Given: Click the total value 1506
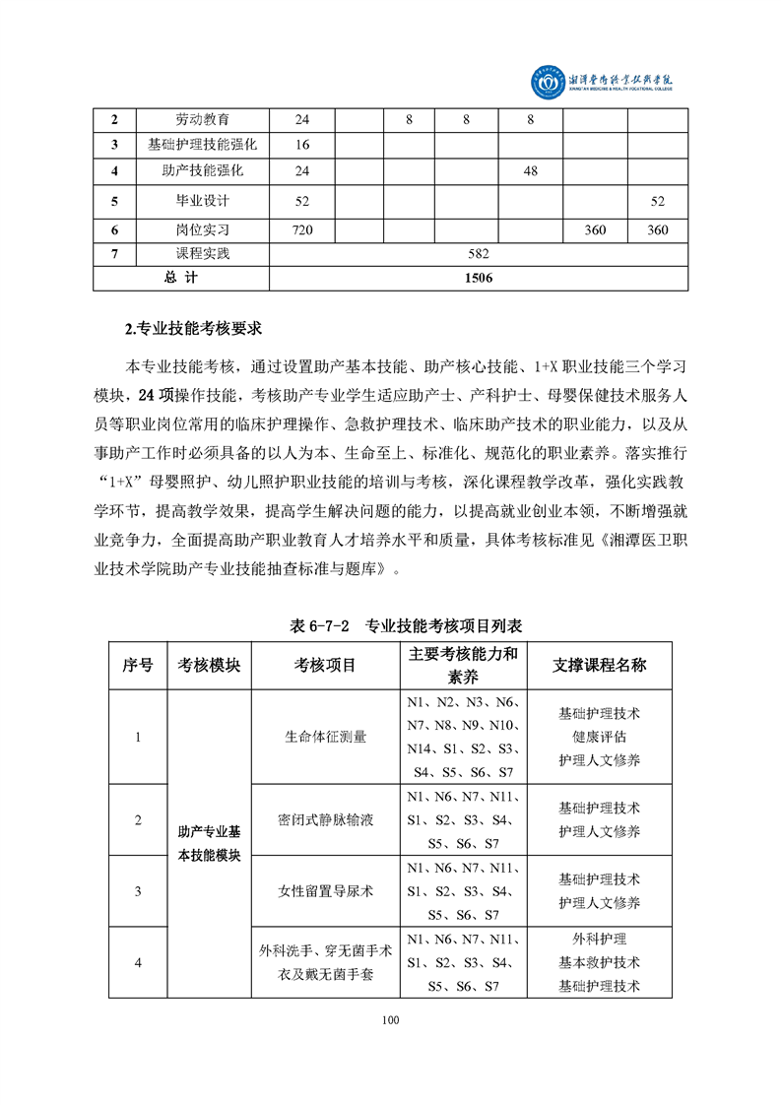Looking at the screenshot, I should (478, 278).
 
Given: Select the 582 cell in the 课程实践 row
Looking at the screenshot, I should (478, 254).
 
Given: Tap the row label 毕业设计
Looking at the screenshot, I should (202, 201).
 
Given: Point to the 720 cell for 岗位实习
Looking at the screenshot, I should (302, 230).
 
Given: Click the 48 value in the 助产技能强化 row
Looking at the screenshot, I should (530, 170).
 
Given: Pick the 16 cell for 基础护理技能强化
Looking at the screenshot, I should (302, 145).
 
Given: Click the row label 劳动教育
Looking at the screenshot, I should (202, 120).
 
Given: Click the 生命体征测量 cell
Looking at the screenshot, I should (325, 737).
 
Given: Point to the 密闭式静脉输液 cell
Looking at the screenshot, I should (325, 819).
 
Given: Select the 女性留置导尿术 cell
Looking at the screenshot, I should (325, 891).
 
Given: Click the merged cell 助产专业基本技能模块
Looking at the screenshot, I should (209, 844).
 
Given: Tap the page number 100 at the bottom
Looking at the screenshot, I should (390, 1020).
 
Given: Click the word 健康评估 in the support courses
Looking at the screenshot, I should (599, 737).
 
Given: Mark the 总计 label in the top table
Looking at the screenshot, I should (181, 278).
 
